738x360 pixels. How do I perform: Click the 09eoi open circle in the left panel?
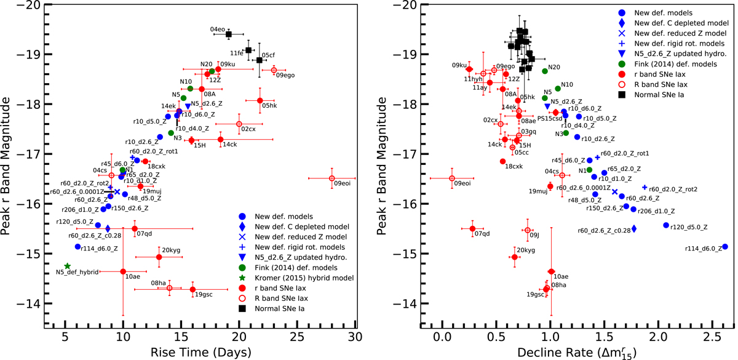(331, 178)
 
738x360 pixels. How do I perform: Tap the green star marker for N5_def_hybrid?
(67, 266)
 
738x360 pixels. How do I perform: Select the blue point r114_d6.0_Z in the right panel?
(725, 247)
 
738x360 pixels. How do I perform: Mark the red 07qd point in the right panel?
(472, 229)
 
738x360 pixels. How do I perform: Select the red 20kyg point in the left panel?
(159, 257)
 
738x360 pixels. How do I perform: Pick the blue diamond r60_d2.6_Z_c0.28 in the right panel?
(634, 228)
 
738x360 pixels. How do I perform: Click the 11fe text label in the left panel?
(236, 53)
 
